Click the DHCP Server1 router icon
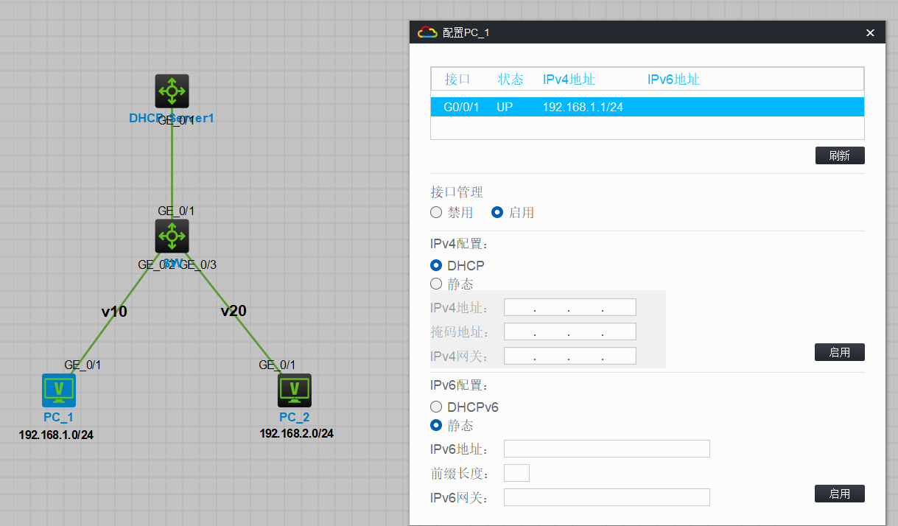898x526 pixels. [172, 91]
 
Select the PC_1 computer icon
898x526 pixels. [59, 390]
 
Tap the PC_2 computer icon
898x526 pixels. [295, 390]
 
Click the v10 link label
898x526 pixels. [114, 312]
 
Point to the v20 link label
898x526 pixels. [234, 311]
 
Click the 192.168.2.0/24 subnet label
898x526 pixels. [296, 433]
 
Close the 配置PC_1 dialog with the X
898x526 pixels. [870, 32]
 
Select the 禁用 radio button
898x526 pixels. [436, 212]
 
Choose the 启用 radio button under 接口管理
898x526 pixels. [497, 212]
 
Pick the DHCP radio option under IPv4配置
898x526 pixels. [436, 265]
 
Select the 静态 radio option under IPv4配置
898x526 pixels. [436, 284]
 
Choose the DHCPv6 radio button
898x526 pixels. [436, 407]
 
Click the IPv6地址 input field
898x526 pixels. [606, 449]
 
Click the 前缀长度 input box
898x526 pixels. [516, 473]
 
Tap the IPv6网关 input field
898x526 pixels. [606, 497]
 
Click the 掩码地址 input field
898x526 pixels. [569, 332]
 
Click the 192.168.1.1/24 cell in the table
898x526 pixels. [583, 107]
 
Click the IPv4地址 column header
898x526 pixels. [569, 80]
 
